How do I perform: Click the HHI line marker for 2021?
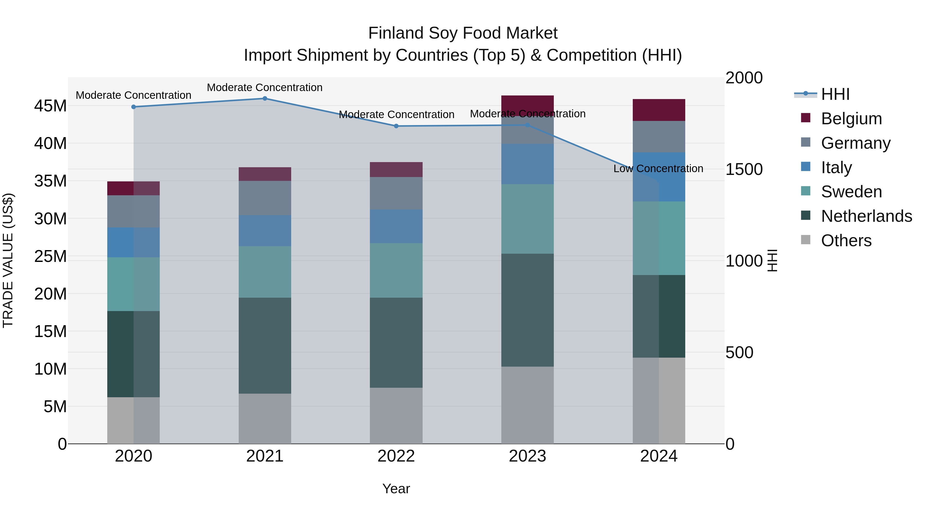click(x=265, y=99)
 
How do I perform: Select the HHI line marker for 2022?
click(x=396, y=126)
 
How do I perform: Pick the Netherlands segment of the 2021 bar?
click(x=265, y=345)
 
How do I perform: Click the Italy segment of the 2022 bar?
click(x=396, y=226)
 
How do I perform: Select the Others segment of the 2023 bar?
click(x=527, y=405)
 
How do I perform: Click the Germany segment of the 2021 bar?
click(x=265, y=198)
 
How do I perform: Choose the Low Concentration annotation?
click(x=658, y=168)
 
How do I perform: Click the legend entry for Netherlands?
click(x=866, y=216)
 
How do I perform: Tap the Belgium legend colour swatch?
click(x=806, y=118)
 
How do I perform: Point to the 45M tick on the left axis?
click(x=50, y=106)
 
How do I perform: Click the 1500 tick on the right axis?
click(x=744, y=169)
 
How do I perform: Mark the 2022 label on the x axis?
click(x=396, y=456)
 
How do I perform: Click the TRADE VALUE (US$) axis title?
click(x=8, y=260)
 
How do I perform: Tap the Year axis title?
click(x=396, y=489)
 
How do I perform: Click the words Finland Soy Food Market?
click(x=463, y=33)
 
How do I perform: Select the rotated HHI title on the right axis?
click(x=772, y=260)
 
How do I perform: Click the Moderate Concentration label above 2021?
click(x=265, y=87)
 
